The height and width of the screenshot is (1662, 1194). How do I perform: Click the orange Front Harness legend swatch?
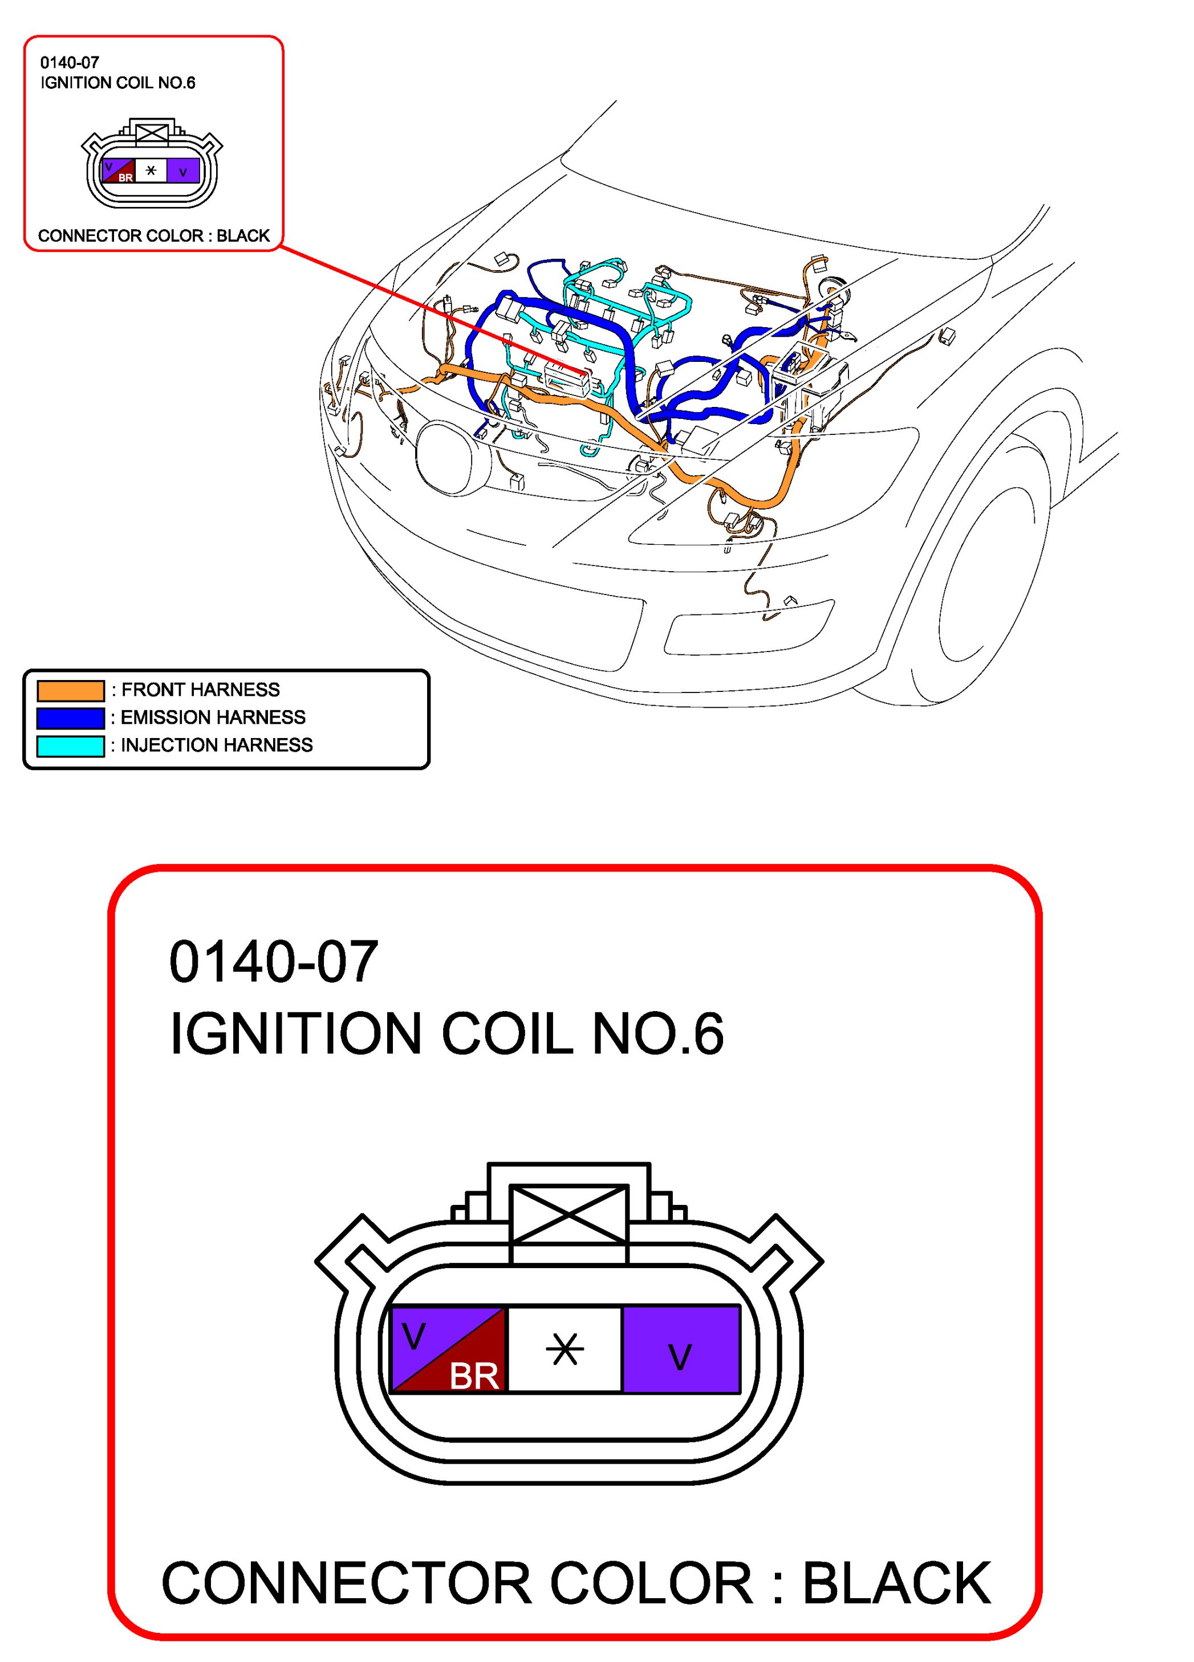(x=70, y=690)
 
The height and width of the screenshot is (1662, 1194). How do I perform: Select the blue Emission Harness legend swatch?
(x=70, y=718)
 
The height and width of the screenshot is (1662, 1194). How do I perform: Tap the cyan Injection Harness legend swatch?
(x=70, y=746)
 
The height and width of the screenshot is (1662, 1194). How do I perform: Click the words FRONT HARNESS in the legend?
(x=200, y=690)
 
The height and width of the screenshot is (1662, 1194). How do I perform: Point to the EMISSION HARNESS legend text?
(x=213, y=718)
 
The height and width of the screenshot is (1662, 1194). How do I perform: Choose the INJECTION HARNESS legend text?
(x=216, y=746)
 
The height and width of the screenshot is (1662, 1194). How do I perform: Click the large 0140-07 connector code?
(x=273, y=962)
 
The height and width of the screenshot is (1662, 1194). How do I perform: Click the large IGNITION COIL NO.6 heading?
(x=446, y=1033)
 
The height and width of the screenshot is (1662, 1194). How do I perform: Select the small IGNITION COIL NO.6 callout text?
(x=118, y=83)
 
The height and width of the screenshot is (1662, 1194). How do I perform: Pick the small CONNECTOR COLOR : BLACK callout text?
(x=154, y=236)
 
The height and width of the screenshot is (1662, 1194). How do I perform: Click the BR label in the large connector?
(x=474, y=1376)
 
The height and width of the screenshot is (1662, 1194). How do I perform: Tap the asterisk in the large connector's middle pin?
(x=565, y=1349)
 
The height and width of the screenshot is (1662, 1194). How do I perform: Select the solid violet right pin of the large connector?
(x=681, y=1349)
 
